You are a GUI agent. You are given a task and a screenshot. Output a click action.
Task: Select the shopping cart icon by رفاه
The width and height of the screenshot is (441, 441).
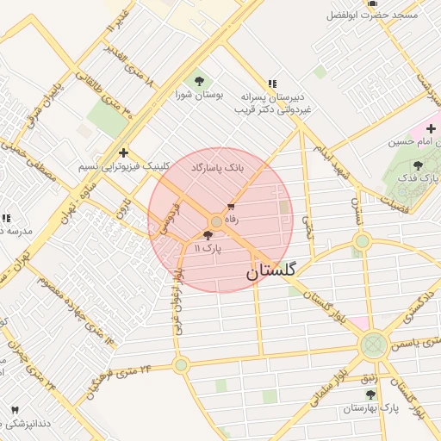(231, 207)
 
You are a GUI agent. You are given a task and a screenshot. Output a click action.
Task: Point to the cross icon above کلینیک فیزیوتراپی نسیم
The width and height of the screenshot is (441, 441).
(124, 152)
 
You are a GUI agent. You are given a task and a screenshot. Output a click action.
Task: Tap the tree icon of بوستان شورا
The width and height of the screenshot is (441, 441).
(200, 81)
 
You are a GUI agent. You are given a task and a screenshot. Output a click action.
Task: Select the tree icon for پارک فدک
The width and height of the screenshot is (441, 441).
(418, 165)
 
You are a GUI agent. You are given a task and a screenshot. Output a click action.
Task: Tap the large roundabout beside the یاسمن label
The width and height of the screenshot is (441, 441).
(372, 345)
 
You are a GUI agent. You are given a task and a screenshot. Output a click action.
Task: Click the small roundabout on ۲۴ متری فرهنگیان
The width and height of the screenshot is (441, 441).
(181, 365)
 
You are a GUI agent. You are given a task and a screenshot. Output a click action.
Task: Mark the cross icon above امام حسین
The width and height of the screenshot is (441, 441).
(430, 128)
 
